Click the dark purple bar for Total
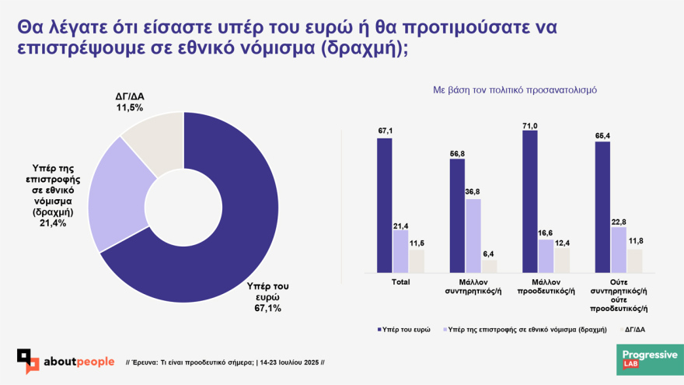385,206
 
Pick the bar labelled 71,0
530,202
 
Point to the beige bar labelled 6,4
488,266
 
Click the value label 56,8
457,153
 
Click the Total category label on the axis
400,282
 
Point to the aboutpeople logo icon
29,361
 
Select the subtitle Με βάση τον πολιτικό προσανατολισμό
515,90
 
